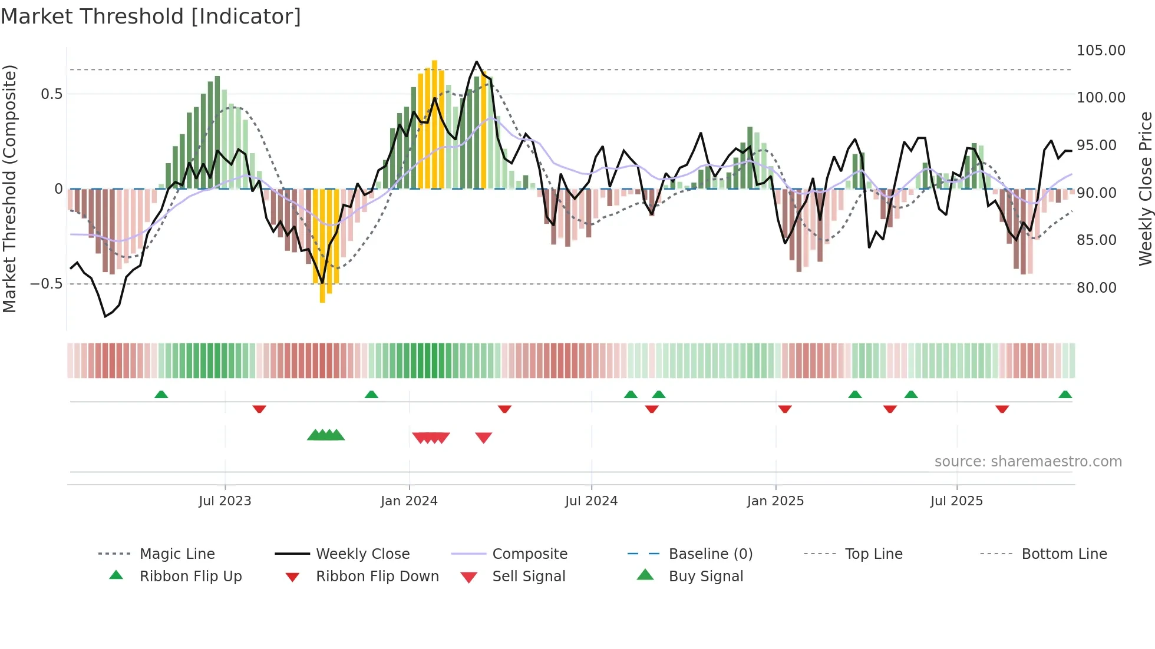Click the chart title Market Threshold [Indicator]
[x=151, y=16]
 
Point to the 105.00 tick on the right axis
[x=1100, y=51]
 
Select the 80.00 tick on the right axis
[x=1096, y=288]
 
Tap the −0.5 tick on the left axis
[x=46, y=284]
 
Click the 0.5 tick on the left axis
[x=51, y=94]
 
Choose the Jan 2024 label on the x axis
[x=409, y=501]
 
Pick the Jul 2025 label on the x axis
[x=956, y=501]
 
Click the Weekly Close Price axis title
[x=1145, y=188]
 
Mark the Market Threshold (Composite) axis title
[x=9, y=188]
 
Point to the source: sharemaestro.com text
[x=1028, y=462]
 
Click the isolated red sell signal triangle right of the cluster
[x=483, y=438]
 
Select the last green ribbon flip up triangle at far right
[x=1065, y=395]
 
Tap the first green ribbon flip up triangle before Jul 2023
[x=161, y=395]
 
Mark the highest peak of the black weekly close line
[x=476, y=62]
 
